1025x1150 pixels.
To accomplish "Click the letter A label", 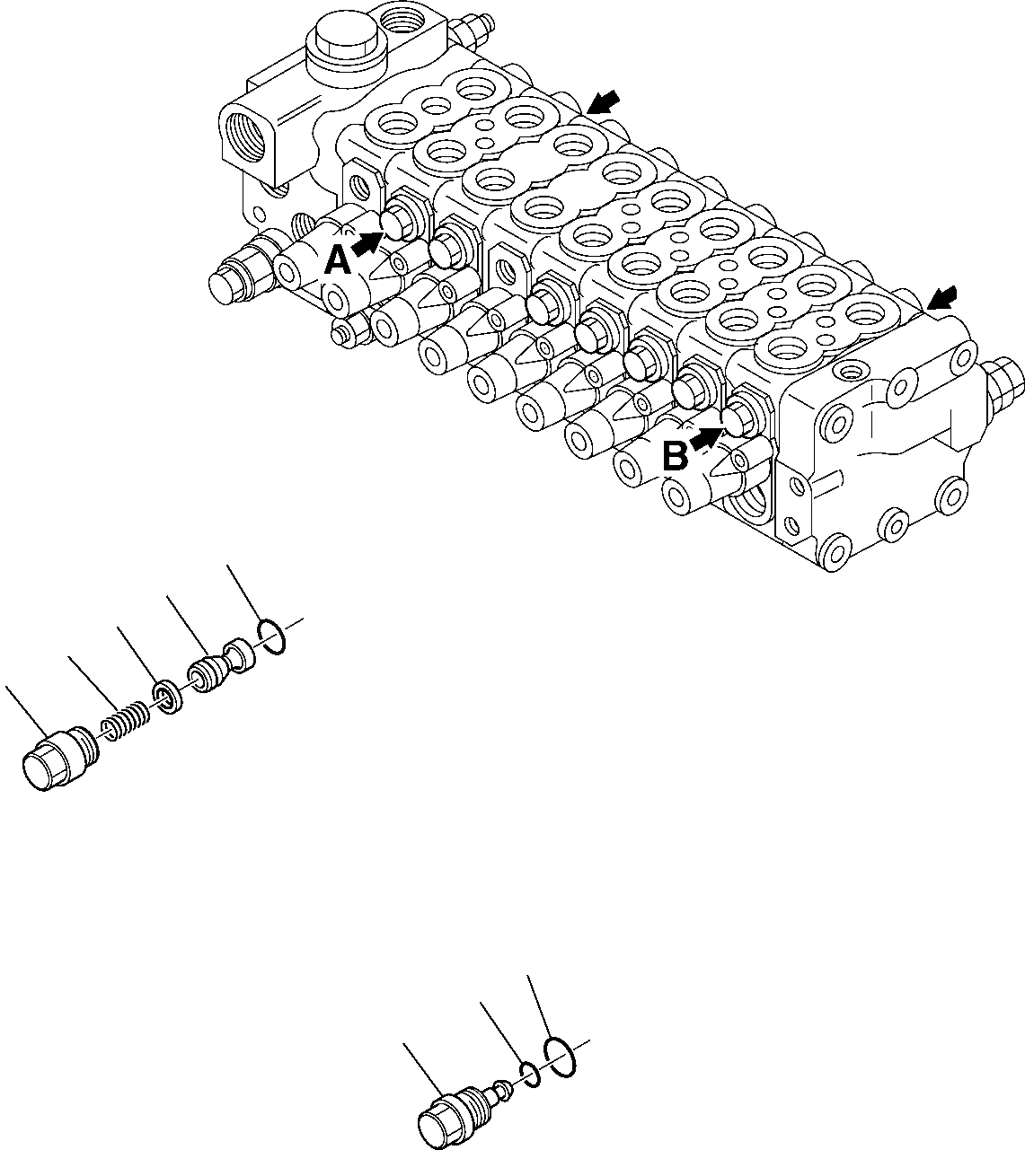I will coord(336,260).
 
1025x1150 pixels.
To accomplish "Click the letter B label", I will coord(675,457).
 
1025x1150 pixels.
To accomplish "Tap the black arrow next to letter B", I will coord(707,438).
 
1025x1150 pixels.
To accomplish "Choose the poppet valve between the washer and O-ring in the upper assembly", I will coord(218,666).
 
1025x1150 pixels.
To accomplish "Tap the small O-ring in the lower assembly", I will coord(531,1073).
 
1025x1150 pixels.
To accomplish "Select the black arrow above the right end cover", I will coord(943,297).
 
